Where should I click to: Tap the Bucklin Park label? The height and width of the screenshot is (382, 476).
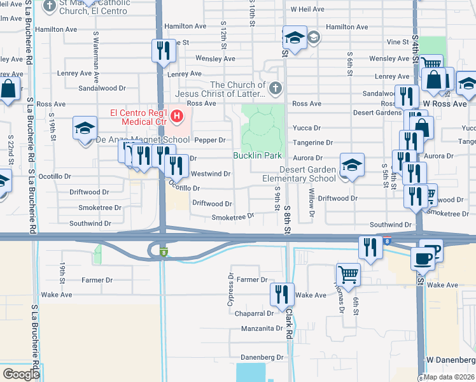pos(257,155)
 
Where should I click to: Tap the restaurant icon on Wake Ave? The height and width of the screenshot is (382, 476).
pos(282,294)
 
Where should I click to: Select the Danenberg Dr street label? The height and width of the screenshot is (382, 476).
pos(262,358)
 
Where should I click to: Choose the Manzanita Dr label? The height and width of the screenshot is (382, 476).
pos(262,329)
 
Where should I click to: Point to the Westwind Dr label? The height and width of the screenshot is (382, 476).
pos(210,174)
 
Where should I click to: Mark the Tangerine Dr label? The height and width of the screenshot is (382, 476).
pos(312,143)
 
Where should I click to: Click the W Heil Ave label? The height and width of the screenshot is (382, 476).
pos(308,10)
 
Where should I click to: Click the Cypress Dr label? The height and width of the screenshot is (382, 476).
pos(230,288)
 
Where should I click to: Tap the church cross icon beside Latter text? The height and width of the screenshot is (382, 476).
pos(275,88)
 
